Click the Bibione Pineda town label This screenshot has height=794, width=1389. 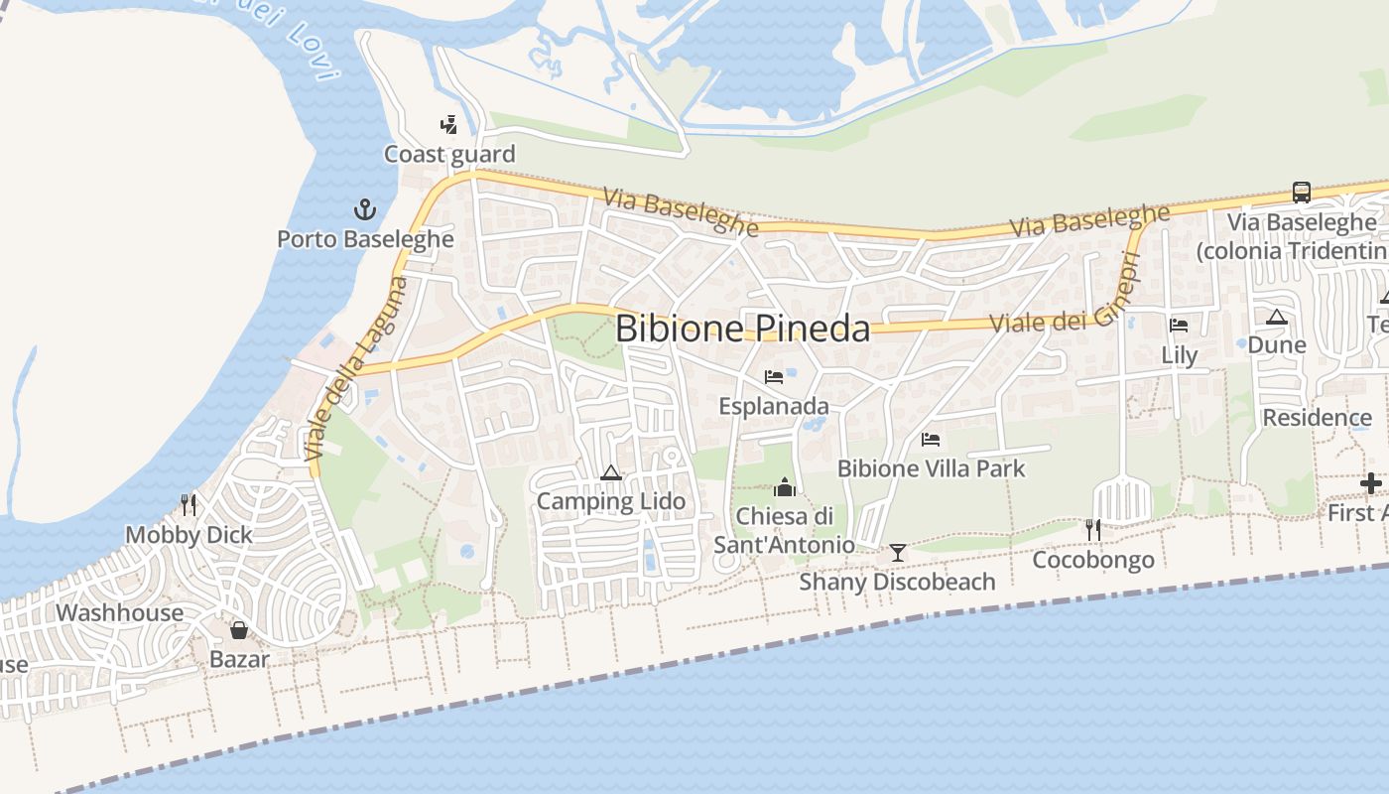click(742, 329)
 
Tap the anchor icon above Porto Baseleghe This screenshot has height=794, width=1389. click(366, 209)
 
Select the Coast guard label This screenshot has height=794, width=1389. click(449, 154)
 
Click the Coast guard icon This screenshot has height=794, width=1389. click(449, 125)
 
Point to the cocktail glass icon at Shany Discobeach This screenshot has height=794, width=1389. click(898, 552)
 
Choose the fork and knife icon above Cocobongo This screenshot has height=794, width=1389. click(1093, 530)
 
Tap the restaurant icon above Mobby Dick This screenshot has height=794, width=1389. click(189, 505)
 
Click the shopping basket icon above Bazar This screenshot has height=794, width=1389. click(239, 630)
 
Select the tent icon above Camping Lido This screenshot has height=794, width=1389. click(610, 472)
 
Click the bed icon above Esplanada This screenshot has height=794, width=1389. click(774, 377)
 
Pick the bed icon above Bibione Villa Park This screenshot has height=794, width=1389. click(931, 439)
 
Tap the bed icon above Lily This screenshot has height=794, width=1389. click(1179, 325)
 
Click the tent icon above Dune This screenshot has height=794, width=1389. click(1277, 317)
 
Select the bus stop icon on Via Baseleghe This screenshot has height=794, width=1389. click(1302, 193)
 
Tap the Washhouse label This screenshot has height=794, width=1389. click(119, 612)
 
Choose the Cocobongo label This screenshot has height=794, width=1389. click(1093, 560)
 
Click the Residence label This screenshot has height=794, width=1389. click(1317, 417)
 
